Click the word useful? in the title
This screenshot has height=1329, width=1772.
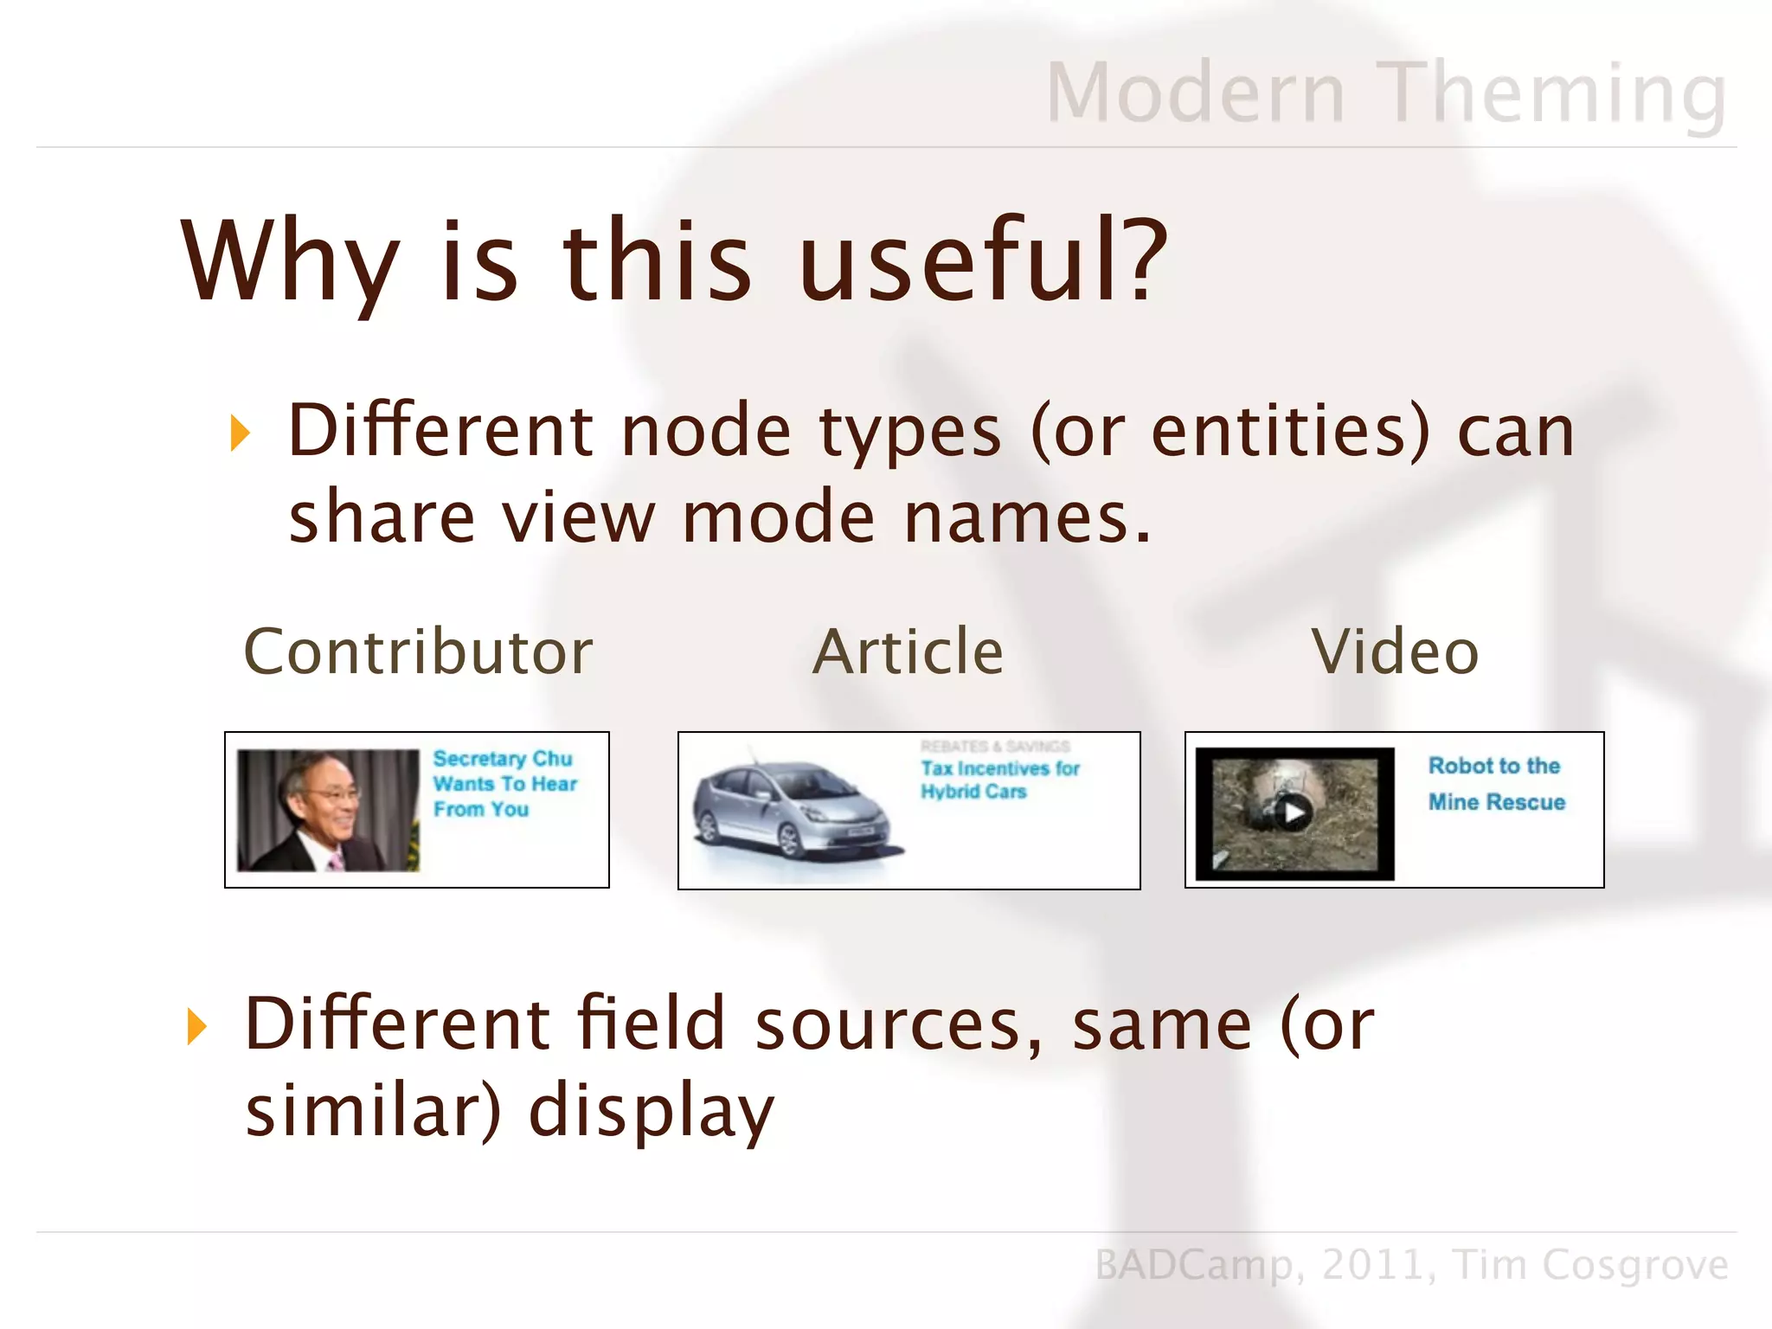click(x=984, y=260)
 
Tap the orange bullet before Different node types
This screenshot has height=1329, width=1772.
click(x=240, y=433)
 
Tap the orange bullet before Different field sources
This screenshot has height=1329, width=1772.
click(x=197, y=1026)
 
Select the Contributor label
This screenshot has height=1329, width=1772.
click(x=418, y=652)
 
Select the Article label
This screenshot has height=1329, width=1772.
click(x=908, y=652)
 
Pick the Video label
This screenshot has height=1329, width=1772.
click(x=1395, y=652)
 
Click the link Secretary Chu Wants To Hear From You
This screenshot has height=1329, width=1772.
click(x=504, y=784)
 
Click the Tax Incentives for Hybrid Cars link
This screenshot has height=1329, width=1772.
click(x=999, y=780)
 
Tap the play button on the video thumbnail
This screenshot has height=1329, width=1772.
click(x=1294, y=812)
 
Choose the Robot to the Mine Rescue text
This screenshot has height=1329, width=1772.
click(x=1496, y=784)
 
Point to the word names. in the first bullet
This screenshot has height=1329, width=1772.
click(x=1028, y=517)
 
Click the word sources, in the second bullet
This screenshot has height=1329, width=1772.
click(x=899, y=1024)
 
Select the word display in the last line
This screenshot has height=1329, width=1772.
click(x=652, y=1111)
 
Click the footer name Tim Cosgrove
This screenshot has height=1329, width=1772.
click(x=1590, y=1265)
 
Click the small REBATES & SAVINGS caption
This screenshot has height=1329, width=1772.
click(x=995, y=746)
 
